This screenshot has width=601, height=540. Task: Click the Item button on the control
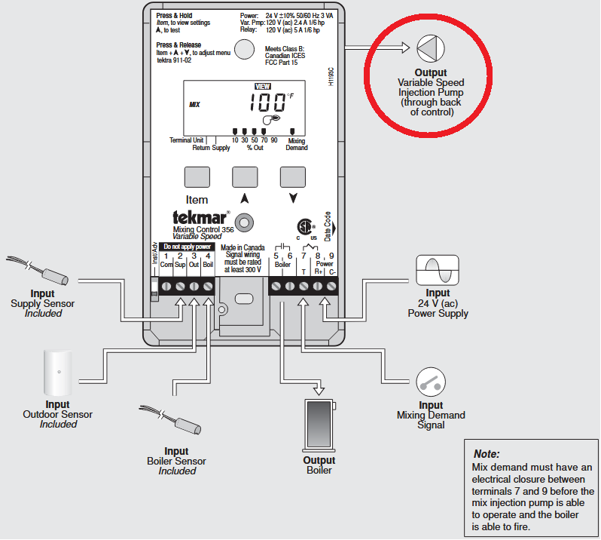197,176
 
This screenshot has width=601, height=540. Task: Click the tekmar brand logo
198,216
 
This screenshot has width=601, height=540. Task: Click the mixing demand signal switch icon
432,382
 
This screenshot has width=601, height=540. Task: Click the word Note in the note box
486,454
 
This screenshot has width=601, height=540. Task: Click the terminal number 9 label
331,256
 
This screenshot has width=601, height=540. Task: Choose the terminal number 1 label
166,256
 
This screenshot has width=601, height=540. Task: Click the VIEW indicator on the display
263,87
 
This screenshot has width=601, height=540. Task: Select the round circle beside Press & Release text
244,50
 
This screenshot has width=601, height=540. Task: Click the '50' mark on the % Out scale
255,140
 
